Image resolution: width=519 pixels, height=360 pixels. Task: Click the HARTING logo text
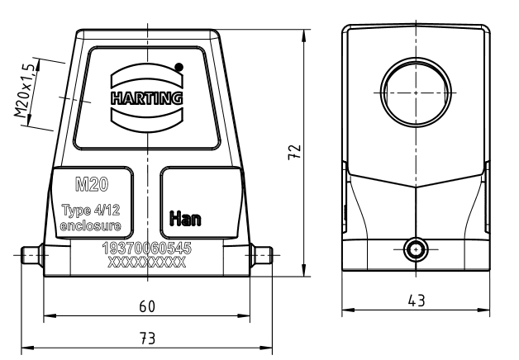pyautogui.click(x=147, y=98)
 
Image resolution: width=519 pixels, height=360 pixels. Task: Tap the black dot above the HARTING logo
pyautogui.click(x=179, y=67)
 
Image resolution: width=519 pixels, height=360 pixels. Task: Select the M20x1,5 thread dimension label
pyautogui.click(x=24, y=91)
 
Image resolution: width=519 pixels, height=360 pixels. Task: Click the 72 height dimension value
pyautogui.click(x=294, y=152)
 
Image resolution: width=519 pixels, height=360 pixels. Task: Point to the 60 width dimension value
pyautogui.click(x=147, y=306)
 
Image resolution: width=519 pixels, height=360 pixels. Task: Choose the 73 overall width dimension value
pyautogui.click(x=147, y=339)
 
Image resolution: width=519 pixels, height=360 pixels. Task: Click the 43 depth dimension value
pyautogui.click(x=417, y=301)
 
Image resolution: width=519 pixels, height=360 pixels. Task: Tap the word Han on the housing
pyautogui.click(x=185, y=219)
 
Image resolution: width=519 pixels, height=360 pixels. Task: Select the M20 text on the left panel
pyautogui.click(x=92, y=184)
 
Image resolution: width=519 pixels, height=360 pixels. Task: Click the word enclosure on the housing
pyautogui.click(x=90, y=225)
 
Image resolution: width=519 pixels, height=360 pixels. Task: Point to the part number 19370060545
pyautogui.click(x=147, y=248)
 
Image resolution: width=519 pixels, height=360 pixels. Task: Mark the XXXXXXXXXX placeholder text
pyautogui.click(x=147, y=263)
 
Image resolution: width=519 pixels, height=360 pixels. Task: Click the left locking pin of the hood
pyautogui.click(x=31, y=255)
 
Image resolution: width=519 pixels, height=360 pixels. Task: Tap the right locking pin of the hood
pyautogui.click(x=261, y=255)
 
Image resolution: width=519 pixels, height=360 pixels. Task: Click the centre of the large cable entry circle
pyautogui.click(x=416, y=92)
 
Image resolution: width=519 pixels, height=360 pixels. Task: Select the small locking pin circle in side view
pyautogui.click(x=416, y=249)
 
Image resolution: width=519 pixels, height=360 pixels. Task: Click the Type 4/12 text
pyautogui.click(x=91, y=211)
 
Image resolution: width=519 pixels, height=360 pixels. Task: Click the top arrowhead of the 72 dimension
pyautogui.click(x=304, y=36)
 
